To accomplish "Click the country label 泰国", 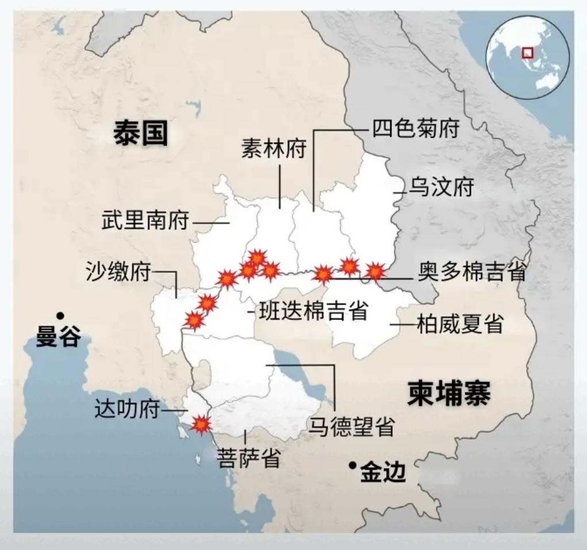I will [140, 133].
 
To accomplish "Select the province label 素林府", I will [273, 150].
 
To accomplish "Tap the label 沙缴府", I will [117, 272].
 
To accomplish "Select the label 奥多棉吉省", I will [471, 273].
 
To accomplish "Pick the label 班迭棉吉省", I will [313, 311].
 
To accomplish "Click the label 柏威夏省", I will [460, 325].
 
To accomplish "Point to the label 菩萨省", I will [248, 459].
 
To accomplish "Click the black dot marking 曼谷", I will [60, 315].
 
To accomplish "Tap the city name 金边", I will [383, 474].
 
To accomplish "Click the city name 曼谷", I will [58, 337].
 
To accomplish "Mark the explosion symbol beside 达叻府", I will [201, 425].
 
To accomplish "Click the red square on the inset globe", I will [526, 53].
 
